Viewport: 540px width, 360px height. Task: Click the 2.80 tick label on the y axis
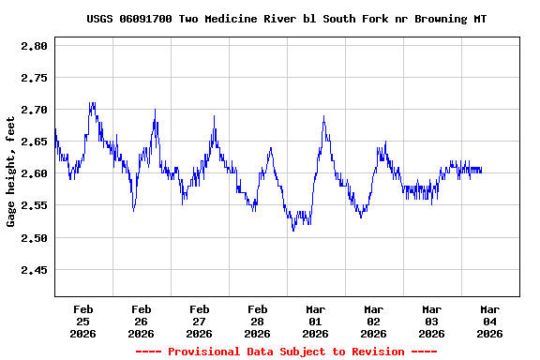(x=33, y=46)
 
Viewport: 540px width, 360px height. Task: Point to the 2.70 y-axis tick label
(x=33, y=110)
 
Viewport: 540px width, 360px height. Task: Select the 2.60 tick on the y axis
(x=33, y=173)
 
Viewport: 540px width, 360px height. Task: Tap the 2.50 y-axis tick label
(x=33, y=238)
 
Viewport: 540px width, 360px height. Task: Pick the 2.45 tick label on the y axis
(x=33, y=270)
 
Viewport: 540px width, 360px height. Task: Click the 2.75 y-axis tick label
(x=33, y=78)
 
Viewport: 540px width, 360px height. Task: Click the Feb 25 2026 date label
(x=82, y=321)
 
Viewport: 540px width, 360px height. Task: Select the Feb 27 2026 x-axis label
(x=199, y=321)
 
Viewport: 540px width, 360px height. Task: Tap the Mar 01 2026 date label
(x=315, y=321)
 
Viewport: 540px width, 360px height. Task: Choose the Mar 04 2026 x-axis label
(x=489, y=321)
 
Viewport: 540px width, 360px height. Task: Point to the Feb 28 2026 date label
(x=257, y=321)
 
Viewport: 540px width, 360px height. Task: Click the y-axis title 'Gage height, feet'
(x=12, y=170)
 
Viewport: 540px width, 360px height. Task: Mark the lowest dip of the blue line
(x=293, y=231)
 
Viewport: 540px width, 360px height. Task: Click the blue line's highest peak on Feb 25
(x=92, y=103)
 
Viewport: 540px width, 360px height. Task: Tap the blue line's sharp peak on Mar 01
(x=323, y=116)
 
